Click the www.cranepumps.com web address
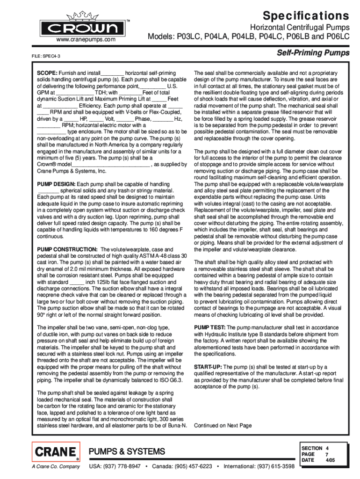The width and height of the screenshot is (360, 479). (86, 40)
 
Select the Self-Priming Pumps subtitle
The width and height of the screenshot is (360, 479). (313, 53)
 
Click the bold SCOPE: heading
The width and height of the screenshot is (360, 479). (48, 73)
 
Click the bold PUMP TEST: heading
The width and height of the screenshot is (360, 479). (210, 328)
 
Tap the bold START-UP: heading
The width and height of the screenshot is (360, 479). (208, 367)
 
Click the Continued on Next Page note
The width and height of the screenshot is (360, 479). (223, 426)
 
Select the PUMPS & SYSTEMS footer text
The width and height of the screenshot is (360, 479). (127, 452)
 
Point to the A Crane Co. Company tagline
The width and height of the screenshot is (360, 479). (56, 467)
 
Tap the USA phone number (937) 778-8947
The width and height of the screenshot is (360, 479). (123, 467)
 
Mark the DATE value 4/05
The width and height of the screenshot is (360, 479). (330, 460)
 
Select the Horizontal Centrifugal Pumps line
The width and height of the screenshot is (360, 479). (300, 28)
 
